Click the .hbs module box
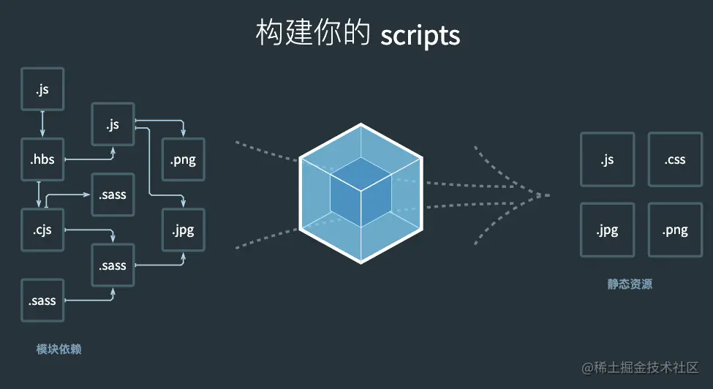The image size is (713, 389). pos(43,159)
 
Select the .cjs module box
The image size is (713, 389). pos(43,230)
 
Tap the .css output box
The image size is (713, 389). pos(675,159)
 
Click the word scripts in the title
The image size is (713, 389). pos(420,34)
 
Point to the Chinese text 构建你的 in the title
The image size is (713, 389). pos(314,34)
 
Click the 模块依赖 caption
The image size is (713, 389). pos(59,350)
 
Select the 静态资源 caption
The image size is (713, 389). pos(630,284)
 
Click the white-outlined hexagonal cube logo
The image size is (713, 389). pos(361,192)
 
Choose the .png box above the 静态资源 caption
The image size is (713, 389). pos(675,230)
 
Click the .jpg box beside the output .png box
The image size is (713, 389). pos(607,230)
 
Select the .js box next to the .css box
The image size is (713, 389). pos(607,159)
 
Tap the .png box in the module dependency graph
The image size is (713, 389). pos(183,159)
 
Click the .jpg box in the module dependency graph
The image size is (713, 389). pos(183,230)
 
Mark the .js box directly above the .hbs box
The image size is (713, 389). pos(43,89)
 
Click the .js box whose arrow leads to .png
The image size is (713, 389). pos(113,124)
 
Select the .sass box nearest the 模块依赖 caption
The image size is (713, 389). pos(43,301)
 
